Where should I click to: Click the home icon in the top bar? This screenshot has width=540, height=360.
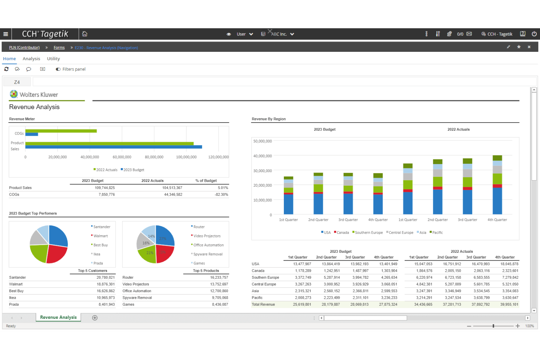[x=85, y=34]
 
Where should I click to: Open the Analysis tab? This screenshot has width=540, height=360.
[x=31, y=59]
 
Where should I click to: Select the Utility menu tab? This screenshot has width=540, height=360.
[x=53, y=59]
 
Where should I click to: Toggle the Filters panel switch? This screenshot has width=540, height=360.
[x=58, y=69]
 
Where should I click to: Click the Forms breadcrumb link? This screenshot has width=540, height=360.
[x=59, y=48]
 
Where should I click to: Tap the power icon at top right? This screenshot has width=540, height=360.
[x=534, y=34]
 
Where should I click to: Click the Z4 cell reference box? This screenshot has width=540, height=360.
[x=17, y=82]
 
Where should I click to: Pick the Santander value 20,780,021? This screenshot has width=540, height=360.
[x=105, y=278]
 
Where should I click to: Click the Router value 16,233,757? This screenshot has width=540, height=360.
[x=219, y=278]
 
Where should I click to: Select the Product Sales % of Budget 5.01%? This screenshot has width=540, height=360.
[x=223, y=188]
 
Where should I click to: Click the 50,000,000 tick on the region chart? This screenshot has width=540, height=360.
[x=262, y=141]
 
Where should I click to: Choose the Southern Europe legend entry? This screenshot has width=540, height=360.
[x=369, y=233]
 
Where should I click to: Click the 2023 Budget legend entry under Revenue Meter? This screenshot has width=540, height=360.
[x=134, y=170]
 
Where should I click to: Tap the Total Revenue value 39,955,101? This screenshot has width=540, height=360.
[x=509, y=305]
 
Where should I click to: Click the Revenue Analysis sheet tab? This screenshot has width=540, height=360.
[x=58, y=317]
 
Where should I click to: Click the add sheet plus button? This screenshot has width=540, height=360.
[x=95, y=318]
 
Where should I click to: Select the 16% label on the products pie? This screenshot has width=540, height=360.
[x=146, y=243]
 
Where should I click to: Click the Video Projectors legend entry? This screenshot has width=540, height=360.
[x=207, y=236]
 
